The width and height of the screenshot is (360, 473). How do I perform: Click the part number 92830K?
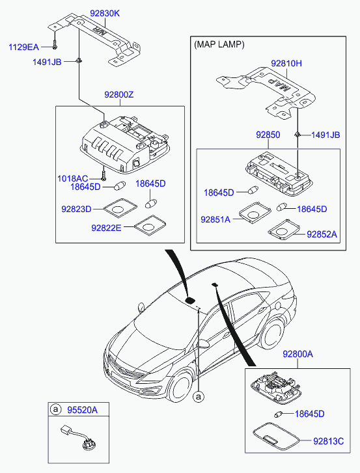tap(105, 13)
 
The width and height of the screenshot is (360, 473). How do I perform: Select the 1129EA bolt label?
tap(23, 47)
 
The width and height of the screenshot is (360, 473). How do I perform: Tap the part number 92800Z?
tap(119, 95)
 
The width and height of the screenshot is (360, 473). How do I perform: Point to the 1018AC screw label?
tap(72, 178)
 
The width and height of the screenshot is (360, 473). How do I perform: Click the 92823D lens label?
tap(76, 209)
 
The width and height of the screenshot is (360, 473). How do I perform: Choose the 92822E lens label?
tap(106, 228)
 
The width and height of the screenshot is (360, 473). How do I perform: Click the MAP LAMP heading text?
tap(219, 45)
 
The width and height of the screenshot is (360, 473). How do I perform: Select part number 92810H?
tap(286, 63)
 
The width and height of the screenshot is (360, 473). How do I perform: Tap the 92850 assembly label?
tap(268, 135)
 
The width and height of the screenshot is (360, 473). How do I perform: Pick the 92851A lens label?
tap(215, 219)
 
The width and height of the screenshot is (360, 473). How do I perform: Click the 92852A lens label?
tap(322, 234)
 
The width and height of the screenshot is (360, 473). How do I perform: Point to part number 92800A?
tap(298, 354)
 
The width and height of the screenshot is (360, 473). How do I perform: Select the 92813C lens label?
tap(328, 441)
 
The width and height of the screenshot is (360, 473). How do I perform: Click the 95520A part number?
tap(82, 410)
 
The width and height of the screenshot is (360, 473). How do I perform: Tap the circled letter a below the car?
tap(199, 397)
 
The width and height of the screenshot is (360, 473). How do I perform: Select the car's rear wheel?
tap(273, 333)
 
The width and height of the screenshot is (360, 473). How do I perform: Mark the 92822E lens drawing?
tap(150, 226)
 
